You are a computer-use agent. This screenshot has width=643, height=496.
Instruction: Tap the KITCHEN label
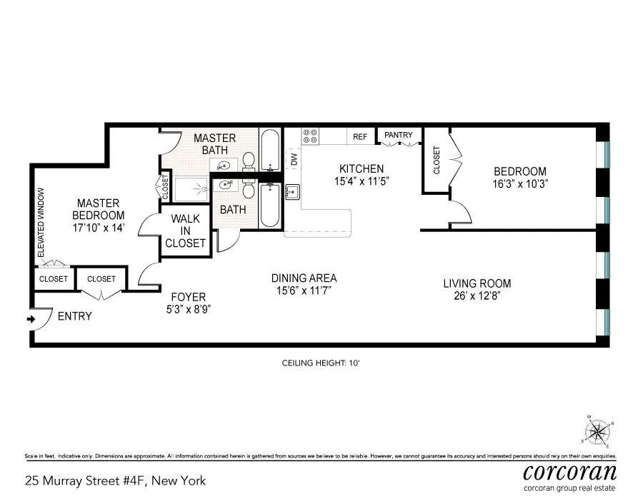361,168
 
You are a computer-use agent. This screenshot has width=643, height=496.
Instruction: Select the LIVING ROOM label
477,283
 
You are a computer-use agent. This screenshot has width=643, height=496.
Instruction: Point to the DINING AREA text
304,278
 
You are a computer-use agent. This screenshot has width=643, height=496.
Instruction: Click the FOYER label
189,297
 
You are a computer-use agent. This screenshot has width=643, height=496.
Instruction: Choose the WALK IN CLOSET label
185,231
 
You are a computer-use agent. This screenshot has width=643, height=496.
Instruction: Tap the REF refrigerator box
360,136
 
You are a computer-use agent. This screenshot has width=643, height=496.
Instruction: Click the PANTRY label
398,136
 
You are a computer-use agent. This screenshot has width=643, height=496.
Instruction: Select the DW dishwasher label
294,160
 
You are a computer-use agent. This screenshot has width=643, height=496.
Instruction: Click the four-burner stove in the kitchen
310,136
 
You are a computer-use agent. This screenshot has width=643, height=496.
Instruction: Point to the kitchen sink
292,192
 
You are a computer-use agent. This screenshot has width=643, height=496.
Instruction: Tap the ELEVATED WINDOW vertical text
41,223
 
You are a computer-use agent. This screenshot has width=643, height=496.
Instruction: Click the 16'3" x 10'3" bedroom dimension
520,183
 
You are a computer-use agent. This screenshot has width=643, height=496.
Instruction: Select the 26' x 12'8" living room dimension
477,295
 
